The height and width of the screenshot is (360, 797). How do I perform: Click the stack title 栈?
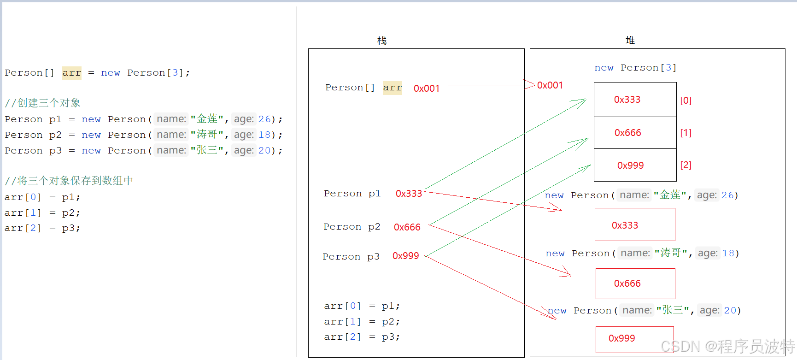click(x=382, y=41)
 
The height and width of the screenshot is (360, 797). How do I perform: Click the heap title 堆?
click(x=630, y=41)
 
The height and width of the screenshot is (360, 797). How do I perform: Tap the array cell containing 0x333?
click(x=635, y=100)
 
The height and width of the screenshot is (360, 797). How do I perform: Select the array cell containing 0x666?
click(x=635, y=133)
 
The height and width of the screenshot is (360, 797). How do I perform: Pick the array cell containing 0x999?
click(x=635, y=165)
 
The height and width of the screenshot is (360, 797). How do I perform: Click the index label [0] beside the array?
click(x=686, y=100)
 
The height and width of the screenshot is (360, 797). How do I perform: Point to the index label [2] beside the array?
click(x=686, y=165)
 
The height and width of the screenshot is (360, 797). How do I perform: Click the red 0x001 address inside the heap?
click(x=550, y=85)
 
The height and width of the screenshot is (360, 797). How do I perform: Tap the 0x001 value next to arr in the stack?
click(x=426, y=89)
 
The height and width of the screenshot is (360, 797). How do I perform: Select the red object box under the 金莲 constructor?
click(x=634, y=224)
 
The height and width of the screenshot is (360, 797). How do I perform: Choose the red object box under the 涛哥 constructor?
click(x=635, y=283)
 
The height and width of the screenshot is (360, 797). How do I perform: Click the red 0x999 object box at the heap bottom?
click(x=634, y=339)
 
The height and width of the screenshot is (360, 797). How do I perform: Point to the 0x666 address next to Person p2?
click(x=407, y=227)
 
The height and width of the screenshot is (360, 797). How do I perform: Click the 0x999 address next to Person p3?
click(x=405, y=256)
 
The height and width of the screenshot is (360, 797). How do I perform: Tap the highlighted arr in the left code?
click(x=71, y=73)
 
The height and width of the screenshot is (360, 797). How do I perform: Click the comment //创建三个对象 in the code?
click(x=42, y=103)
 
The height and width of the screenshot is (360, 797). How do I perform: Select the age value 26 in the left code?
click(x=264, y=119)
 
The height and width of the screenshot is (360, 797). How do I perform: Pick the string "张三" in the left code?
click(x=207, y=150)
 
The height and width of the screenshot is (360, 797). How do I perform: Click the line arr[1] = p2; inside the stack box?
click(x=362, y=322)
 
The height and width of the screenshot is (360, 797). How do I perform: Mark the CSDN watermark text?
click(x=727, y=346)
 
